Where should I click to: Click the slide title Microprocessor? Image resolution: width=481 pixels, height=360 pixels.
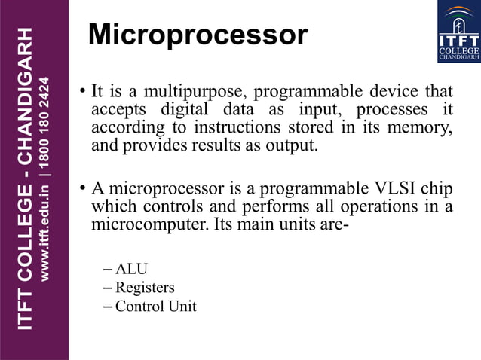(198, 35)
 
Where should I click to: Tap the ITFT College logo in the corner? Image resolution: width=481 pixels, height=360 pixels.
(458, 32)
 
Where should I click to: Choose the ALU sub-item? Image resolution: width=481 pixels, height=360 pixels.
(131, 269)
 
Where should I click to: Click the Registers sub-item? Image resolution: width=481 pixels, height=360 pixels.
(145, 287)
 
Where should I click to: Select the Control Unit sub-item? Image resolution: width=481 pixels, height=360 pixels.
(155, 306)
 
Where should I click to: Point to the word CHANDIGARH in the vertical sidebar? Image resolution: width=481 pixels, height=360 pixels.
(26, 97)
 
